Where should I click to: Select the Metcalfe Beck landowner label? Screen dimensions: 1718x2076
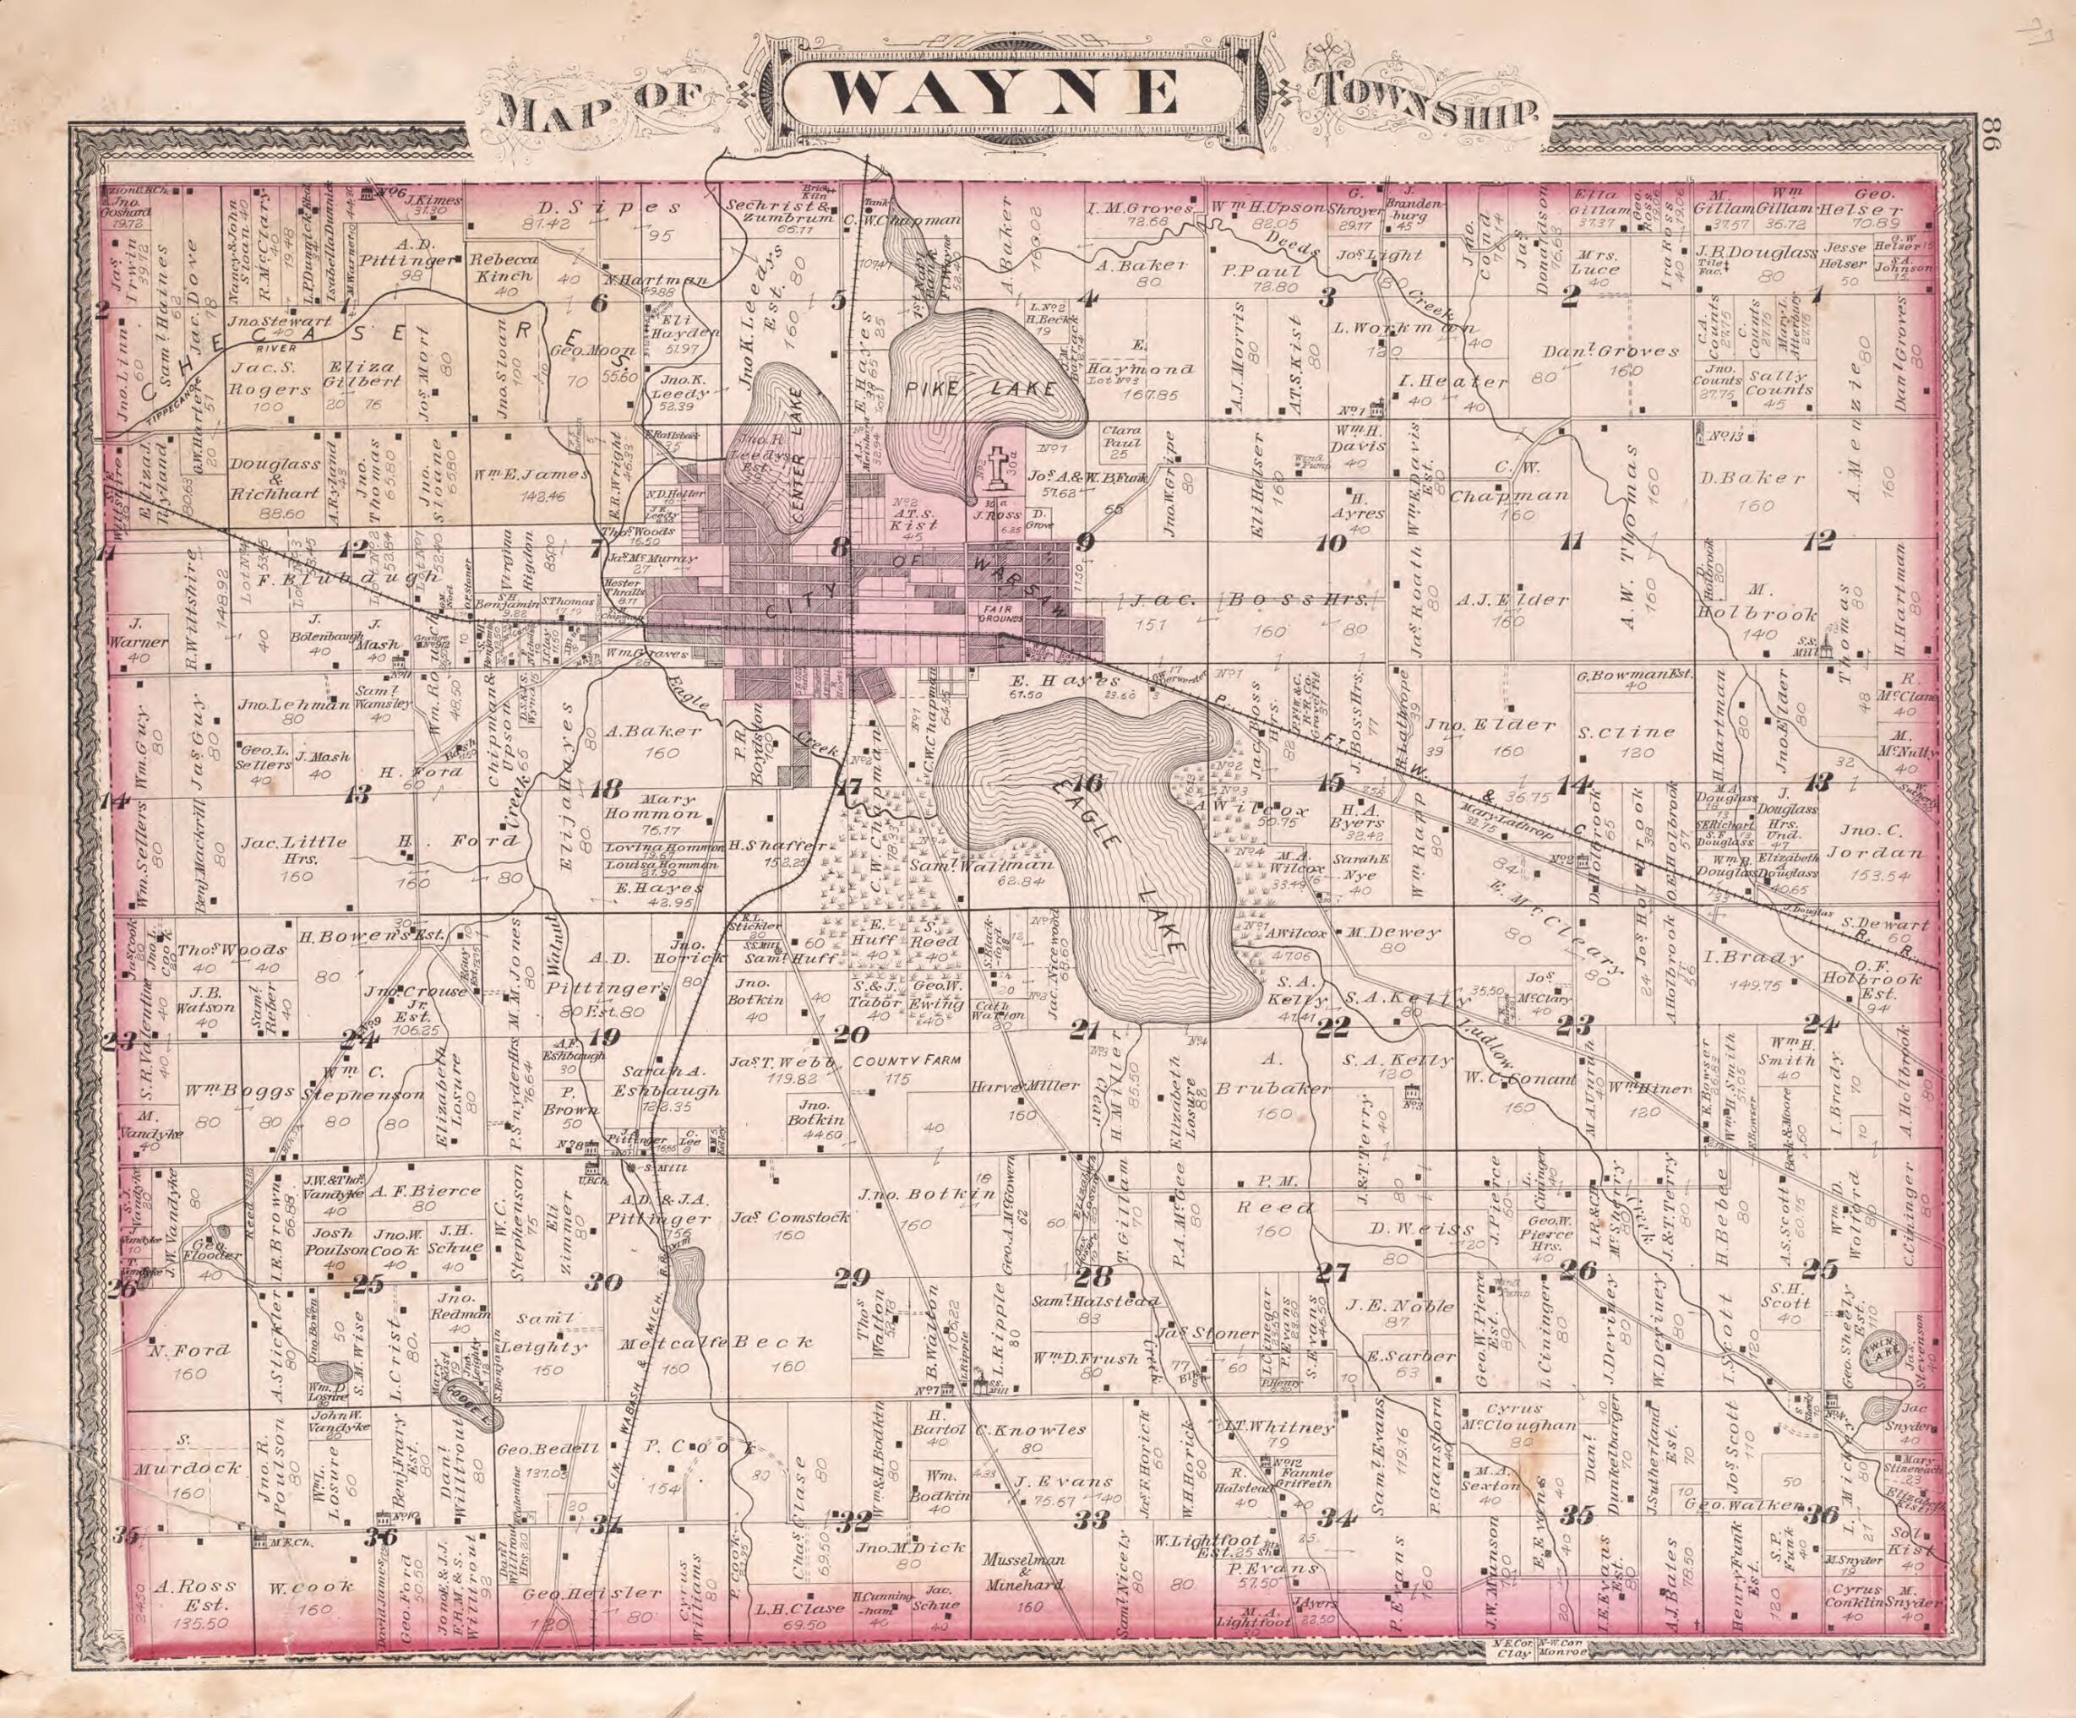point(716,1341)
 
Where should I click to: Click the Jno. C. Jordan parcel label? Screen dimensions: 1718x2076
point(1877,841)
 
